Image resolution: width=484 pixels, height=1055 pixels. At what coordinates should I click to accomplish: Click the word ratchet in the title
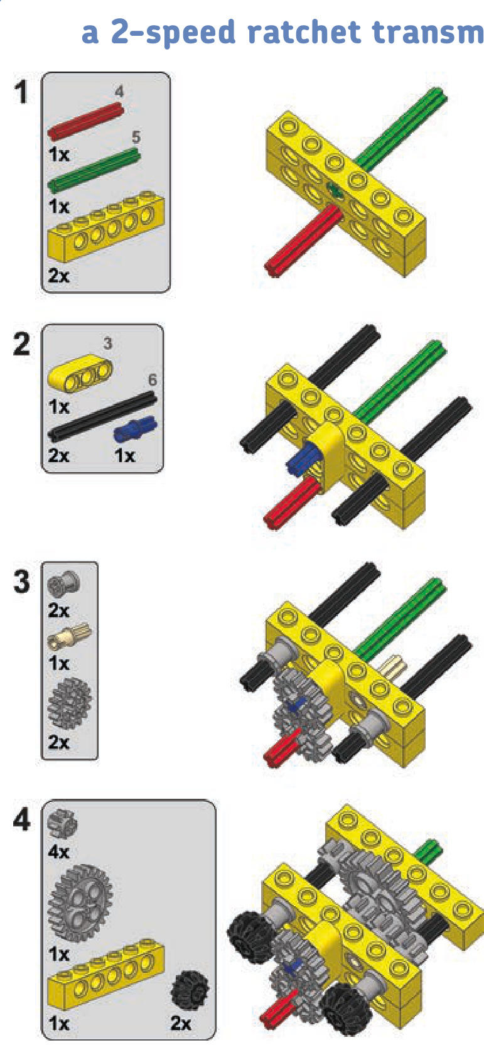(304, 32)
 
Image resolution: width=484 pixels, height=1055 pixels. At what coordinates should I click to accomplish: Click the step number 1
(21, 92)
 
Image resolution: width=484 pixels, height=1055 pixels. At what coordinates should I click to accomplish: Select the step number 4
(21, 820)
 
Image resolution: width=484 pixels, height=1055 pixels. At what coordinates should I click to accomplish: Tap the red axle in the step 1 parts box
(85, 122)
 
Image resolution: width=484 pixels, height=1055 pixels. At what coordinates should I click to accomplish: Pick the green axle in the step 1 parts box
(94, 170)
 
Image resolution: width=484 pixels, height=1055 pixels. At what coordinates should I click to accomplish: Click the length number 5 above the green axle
(136, 137)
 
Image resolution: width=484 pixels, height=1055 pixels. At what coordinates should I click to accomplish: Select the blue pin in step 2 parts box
(136, 429)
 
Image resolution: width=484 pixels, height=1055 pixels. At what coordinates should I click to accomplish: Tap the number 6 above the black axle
(152, 379)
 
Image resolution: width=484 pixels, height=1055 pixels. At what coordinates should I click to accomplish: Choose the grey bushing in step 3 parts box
(63, 585)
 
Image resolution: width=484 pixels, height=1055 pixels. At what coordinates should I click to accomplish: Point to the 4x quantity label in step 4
(58, 852)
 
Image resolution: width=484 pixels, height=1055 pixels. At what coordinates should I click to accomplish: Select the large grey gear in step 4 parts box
(80, 903)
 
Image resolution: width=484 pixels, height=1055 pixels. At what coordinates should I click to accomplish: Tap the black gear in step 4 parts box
(190, 990)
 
